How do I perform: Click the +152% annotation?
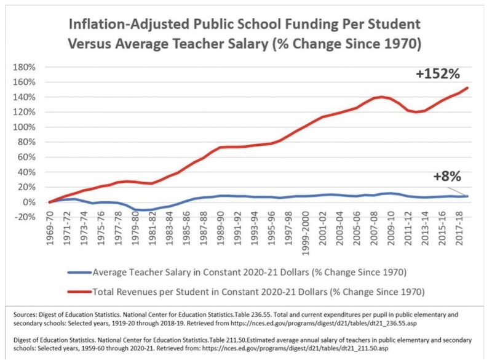click(x=438, y=74)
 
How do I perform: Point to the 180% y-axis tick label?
click(x=30, y=66)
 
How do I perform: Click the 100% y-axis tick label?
click(x=30, y=127)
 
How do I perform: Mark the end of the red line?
click(x=467, y=88)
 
